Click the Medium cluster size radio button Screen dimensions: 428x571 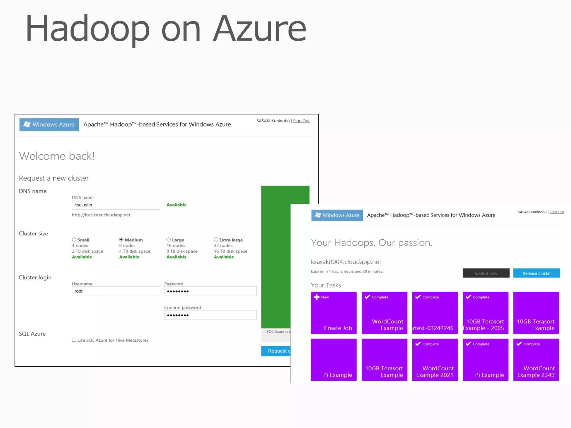[121, 240]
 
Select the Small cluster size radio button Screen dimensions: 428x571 [74, 240]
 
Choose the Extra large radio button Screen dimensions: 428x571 [216, 240]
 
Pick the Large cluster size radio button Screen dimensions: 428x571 [169, 240]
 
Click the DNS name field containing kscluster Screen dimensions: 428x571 [116, 205]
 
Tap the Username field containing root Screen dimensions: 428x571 [116, 291]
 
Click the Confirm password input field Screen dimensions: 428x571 [210, 315]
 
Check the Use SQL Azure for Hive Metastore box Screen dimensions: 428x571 [74, 340]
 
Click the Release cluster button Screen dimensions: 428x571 [536, 273]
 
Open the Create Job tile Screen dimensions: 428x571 [334, 313]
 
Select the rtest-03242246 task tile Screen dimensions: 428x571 [435, 313]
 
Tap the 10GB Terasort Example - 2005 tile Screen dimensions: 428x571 [485, 313]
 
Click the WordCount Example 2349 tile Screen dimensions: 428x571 [536, 359]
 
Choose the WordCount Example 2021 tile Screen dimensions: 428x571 [435, 359]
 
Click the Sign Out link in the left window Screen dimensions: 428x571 [301, 121]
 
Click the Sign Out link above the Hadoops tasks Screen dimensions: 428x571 [557, 212]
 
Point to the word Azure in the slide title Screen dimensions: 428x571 [259, 29]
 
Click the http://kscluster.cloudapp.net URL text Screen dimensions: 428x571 [101, 215]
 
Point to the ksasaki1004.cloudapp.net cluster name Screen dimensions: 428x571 [346, 262]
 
